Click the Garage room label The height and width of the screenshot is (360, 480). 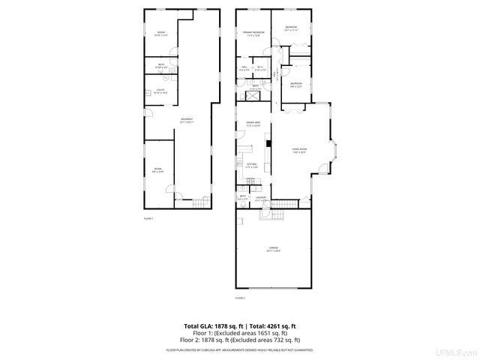[274, 250]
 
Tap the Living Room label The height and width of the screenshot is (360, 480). [301, 150]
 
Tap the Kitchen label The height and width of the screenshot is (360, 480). [252, 166]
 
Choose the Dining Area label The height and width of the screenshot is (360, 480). [253, 124]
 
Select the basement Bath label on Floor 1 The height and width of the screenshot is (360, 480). [160, 66]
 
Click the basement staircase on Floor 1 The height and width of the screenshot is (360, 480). [199, 203]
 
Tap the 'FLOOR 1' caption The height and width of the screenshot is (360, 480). [148, 218]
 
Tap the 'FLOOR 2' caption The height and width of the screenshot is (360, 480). [240, 298]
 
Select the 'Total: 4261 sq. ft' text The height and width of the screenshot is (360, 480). [272, 326]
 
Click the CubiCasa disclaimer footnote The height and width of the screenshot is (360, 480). [240, 349]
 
